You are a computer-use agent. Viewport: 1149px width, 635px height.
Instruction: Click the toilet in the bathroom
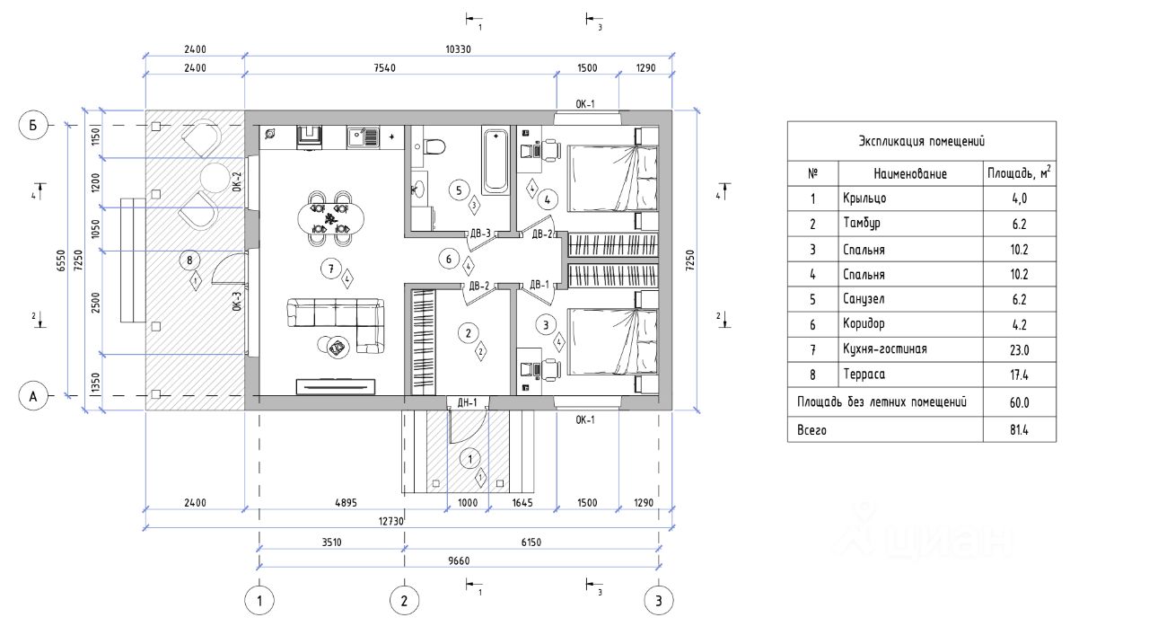click(x=435, y=146)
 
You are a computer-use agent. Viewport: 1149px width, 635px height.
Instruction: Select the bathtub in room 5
click(x=495, y=161)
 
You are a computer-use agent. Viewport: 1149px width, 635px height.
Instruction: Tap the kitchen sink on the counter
click(x=364, y=137)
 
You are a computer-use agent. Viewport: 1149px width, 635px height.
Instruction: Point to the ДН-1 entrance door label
click(x=468, y=403)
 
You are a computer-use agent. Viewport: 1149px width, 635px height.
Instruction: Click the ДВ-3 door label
click(x=480, y=234)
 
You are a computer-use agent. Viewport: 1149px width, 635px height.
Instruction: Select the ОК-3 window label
click(x=236, y=301)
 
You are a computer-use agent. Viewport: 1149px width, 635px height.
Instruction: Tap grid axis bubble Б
click(x=33, y=125)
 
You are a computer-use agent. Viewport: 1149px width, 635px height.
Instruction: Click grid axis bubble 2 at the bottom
click(x=404, y=600)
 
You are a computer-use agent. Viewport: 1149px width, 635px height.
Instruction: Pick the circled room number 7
click(x=331, y=269)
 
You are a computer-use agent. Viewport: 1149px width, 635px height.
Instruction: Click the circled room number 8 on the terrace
click(x=189, y=260)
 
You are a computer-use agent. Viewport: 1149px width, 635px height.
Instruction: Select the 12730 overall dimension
click(x=391, y=522)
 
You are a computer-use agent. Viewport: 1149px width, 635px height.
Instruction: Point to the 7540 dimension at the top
click(x=385, y=68)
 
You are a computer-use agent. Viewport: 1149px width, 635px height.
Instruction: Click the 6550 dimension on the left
click(x=62, y=260)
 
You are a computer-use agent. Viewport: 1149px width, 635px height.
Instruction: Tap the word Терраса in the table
click(x=864, y=375)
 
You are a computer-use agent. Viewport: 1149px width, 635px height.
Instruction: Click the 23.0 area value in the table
click(x=1019, y=350)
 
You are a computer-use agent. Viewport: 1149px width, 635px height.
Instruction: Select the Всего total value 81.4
click(x=1019, y=429)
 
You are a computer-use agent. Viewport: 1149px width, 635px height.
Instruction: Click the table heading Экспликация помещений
click(x=922, y=141)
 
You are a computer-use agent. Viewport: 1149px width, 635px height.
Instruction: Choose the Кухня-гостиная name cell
click(x=885, y=349)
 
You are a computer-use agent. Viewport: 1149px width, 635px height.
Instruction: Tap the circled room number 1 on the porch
click(x=469, y=459)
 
